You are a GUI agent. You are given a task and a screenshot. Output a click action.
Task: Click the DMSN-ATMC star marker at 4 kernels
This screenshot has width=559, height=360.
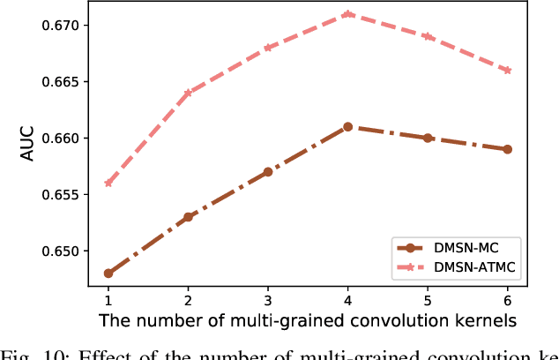click(x=347, y=14)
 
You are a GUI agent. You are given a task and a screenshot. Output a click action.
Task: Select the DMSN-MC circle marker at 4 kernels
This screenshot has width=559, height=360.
click(x=347, y=127)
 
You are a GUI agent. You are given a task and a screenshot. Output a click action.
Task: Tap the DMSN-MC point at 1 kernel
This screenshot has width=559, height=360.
click(x=108, y=274)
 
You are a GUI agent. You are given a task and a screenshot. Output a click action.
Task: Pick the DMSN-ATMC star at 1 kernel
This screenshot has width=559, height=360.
click(x=108, y=183)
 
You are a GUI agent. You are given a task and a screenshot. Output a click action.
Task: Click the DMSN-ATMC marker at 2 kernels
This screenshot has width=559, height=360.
click(x=188, y=93)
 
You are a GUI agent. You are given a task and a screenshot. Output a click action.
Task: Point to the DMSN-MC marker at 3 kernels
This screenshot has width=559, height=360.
click(x=267, y=172)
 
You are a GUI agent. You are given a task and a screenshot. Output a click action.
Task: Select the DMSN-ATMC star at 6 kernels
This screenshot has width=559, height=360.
click(x=507, y=71)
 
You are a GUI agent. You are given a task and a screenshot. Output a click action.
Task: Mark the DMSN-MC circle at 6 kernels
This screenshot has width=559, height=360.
click(x=507, y=149)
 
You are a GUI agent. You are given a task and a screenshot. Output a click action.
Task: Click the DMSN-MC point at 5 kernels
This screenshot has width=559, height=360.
click(x=428, y=138)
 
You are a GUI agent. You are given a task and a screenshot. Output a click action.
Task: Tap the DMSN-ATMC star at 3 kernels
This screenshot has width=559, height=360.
click(x=267, y=48)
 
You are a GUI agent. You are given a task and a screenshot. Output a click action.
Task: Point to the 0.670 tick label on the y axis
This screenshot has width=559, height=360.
click(x=61, y=26)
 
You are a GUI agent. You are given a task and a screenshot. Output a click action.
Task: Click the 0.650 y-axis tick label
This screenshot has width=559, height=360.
click(x=61, y=251)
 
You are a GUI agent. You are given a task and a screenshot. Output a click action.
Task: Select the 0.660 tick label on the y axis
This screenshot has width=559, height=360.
click(x=61, y=139)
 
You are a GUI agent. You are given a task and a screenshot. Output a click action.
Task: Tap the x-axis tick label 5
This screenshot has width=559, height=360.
click(x=428, y=300)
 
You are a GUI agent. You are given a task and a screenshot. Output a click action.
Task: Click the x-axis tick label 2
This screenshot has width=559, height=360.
click(x=188, y=300)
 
